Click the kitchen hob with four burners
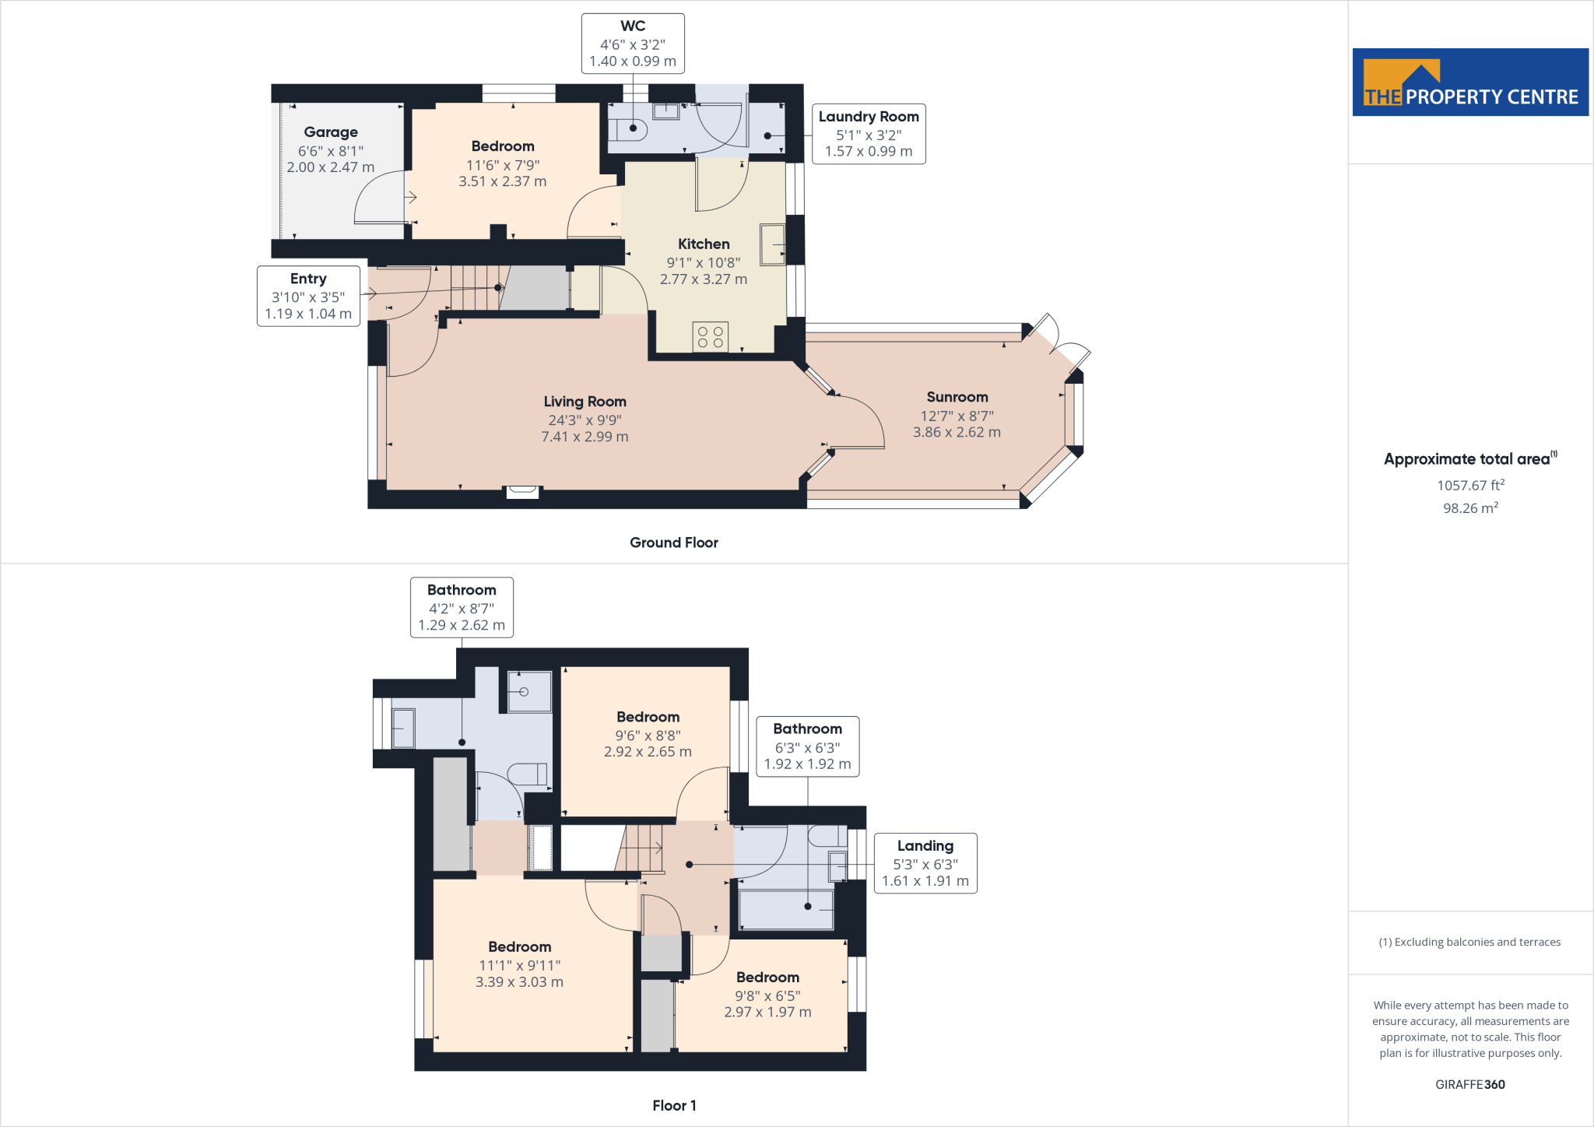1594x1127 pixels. (x=711, y=336)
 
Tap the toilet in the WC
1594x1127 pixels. (x=627, y=129)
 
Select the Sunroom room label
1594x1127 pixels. (x=957, y=397)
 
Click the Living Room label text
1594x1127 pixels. (x=585, y=402)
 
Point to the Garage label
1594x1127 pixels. (x=331, y=132)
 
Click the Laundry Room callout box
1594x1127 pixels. (x=869, y=134)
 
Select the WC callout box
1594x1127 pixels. (x=633, y=44)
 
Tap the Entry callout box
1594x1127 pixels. (x=308, y=296)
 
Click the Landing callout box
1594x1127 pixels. (x=925, y=863)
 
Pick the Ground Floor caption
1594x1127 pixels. (x=674, y=542)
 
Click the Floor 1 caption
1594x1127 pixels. (x=674, y=1105)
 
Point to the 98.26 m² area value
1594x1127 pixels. (x=1471, y=507)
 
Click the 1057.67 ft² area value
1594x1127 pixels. (x=1471, y=485)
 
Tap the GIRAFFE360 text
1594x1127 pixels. (x=1470, y=1084)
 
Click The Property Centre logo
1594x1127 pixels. (x=1470, y=83)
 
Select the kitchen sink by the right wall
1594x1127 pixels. (x=773, y=244)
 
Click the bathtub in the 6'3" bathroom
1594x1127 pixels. (x=786, y=910)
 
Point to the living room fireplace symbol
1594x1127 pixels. (x=522, y=491)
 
